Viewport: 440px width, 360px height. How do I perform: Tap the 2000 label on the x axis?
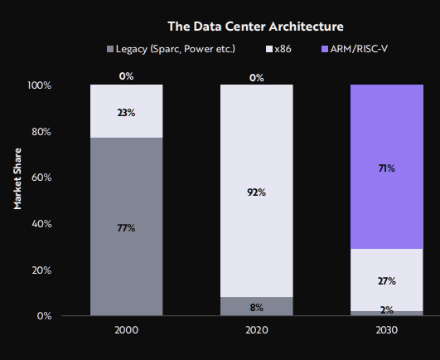[126, 330]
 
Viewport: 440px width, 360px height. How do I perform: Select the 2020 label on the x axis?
[256, 330]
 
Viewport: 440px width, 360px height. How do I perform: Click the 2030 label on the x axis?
[386, 330]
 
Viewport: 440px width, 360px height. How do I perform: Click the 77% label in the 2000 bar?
[126, 227]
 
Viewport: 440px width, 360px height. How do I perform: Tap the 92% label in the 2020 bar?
[256, 192]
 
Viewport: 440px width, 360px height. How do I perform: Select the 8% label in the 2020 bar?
[256, 307]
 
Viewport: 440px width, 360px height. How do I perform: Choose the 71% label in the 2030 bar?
[386, 168]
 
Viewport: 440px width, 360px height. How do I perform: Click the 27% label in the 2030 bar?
[386, 281]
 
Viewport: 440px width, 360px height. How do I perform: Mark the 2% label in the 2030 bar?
[386, 310]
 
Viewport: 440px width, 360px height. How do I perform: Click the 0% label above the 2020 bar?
[256, 78]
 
